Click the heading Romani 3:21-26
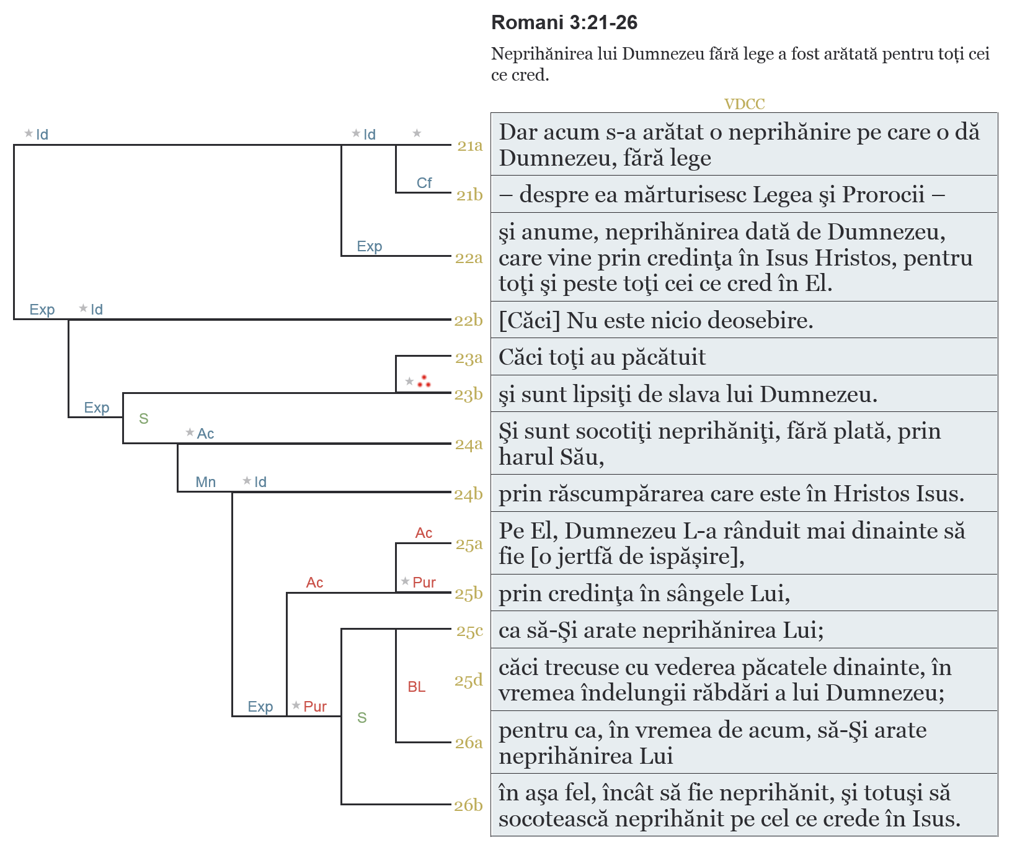(564, 23)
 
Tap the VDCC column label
(744, 104)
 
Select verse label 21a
(469, 146)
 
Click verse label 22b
(468, 320)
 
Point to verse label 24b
(468, 494)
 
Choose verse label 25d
(468, 681)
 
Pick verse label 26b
(468, 805)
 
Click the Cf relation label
(424, 183)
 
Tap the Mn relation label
(205, 482)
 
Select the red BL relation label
(416, 687)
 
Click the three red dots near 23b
(424, 382)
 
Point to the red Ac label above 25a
(424, 533)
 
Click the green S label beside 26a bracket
(362, 718)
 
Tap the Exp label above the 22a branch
(369, 246)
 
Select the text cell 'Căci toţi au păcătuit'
(602, 357)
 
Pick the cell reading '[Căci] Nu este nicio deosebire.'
(655, 320)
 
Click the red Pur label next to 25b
(424, 583)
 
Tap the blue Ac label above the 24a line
(205, 434)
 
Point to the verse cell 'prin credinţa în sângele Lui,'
(644, 594)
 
